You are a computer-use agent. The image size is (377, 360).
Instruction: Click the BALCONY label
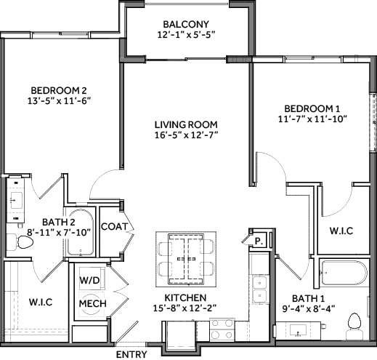[187, 23]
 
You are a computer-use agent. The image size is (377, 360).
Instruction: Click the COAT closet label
[114, 227]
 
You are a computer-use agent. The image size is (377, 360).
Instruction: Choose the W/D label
[91, 279]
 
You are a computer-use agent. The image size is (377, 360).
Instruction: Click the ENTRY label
[131, 354]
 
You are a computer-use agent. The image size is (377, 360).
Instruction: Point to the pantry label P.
[258, 242]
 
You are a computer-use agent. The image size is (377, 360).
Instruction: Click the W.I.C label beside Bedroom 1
[341, 231]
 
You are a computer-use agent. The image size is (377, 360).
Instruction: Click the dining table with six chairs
[187, 258]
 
